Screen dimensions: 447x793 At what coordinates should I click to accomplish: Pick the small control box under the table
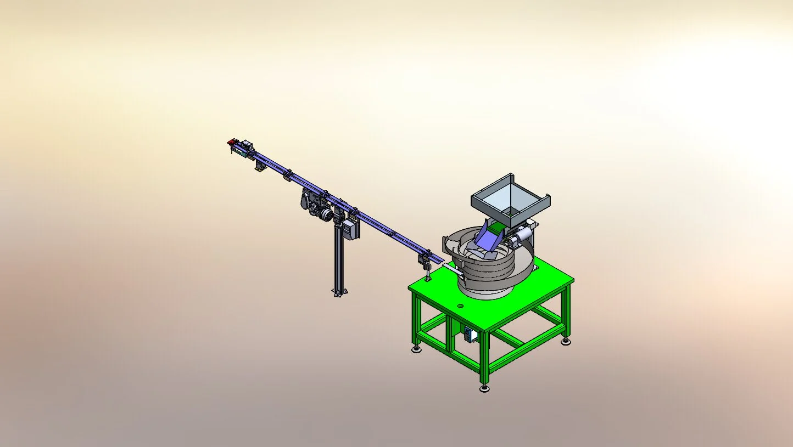(x=469, y=335)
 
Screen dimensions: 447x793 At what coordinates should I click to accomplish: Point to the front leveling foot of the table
(x=484, y=388)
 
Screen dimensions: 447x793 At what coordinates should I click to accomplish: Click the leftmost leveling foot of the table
(x=417, y=349)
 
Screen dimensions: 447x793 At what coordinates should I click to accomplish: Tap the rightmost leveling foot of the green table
(x=566, y=342)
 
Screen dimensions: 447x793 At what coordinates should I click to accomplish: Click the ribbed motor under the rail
(x=319, y=211)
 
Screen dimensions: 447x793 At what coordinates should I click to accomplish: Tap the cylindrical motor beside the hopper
(x=520, y=236)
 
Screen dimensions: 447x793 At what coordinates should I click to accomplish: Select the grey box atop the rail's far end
(x=247, y=145)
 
